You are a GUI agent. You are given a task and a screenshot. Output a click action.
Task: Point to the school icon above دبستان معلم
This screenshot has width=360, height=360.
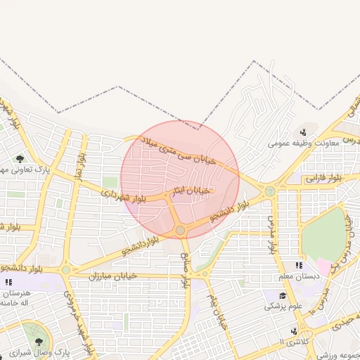[x=299, y=265]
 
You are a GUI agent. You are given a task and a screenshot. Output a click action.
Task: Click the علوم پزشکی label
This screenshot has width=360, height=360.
[x=283, y=306]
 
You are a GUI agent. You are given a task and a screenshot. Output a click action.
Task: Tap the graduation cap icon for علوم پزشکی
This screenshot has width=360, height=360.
[x=282, y=295]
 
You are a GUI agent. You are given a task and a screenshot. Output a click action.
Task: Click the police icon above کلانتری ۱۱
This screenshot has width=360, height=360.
[x=293, y=330]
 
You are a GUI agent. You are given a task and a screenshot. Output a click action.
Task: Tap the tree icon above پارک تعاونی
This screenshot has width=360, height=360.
[x=20, y=158]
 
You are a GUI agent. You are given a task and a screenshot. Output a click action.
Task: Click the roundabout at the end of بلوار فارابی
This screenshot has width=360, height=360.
[x=269, y=191]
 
